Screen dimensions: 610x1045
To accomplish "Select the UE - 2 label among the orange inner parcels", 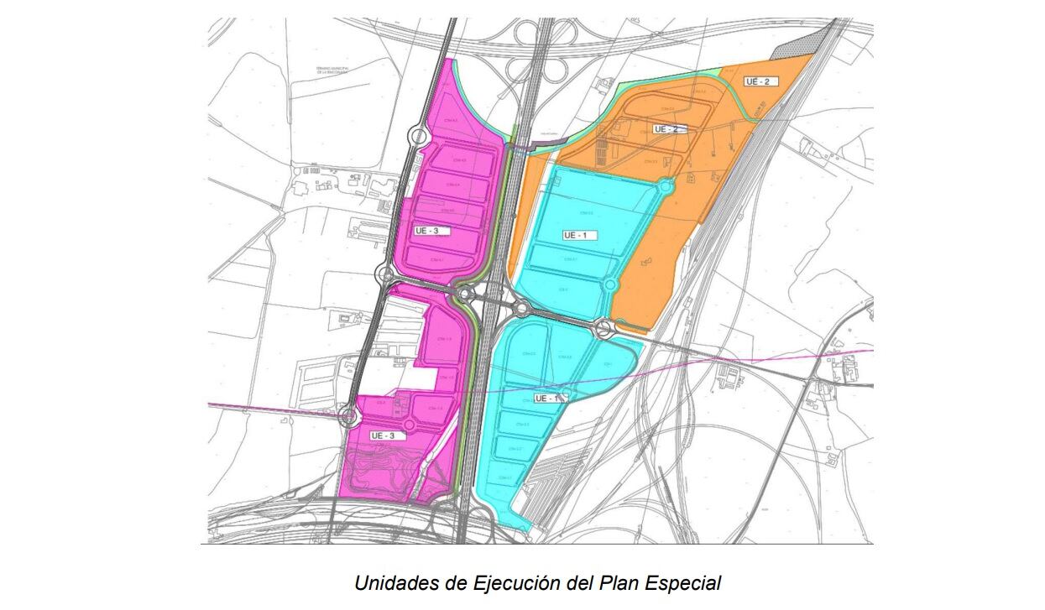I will [x=671, y=129].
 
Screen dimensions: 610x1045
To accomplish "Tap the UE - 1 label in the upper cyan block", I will [x=579, y=235].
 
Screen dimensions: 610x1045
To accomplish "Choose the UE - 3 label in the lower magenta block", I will [x=387, y=435].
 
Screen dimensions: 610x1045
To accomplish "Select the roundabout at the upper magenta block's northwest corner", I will [x=417, y=135].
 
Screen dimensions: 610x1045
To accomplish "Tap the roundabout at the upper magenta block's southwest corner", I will [x=387, y=274].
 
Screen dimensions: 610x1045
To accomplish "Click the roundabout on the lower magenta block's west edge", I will [x=349, y=415].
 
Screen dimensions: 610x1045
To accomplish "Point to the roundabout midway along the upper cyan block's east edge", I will [x=610, y=286].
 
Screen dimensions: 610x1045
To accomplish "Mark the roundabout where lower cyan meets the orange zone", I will [x=603, y=329].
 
